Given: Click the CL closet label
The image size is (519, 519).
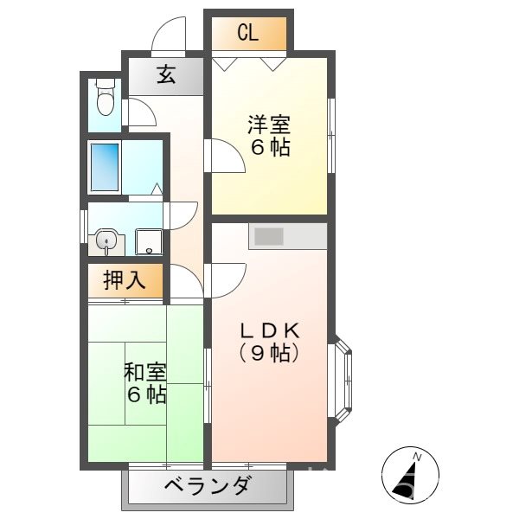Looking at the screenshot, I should point(248,35).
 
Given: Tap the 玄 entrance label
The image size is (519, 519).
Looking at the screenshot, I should point(166,76).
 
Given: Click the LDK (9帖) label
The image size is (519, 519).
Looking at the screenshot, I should point(269,341).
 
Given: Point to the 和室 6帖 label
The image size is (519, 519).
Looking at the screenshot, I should point(144,384).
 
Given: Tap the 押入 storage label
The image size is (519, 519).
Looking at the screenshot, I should point(124,280).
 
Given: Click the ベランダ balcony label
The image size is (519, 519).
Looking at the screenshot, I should point(208,486).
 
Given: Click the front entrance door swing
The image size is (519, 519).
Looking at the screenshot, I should point(170,35).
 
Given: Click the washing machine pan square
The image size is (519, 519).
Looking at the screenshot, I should point(149,242).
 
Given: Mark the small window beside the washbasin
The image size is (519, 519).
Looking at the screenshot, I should point(83,229).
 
